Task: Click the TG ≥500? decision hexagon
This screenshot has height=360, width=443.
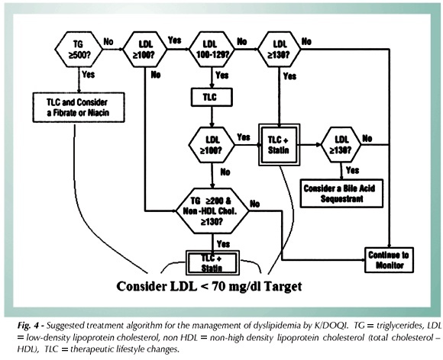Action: click(x=79, y=50)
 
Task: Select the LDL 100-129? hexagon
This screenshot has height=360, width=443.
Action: click(x=212, y=50)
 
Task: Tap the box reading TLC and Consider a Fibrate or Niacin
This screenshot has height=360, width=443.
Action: click(x=79, y=108)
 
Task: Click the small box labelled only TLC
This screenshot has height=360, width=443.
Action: click(x=212, y=98)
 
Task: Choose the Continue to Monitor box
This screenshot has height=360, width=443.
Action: click(x=389, y=260)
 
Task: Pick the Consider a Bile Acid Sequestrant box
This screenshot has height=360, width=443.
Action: click(x=341, y=194)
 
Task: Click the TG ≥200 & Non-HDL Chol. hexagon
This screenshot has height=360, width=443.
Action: click(x=212, y=211)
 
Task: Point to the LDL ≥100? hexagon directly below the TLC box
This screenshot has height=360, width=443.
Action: click(x=212, y=145)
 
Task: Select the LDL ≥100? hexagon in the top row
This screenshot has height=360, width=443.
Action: click(x=145, y=50)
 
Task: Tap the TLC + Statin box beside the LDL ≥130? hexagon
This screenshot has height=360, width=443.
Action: click(x=279, y=145)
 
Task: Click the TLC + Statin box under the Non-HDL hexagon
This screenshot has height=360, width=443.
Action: click(x=212, y=262)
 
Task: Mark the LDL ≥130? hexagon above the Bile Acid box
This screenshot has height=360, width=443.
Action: click(x=341, y=145)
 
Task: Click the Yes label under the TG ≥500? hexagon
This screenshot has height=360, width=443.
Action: click(x=88, y=75)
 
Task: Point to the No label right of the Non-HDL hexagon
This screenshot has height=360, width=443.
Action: click(x=254, y=204)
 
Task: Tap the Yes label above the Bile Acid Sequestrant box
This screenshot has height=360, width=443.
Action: click(x=352, y=170)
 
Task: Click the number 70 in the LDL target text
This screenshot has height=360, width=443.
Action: click(x=219, y=286)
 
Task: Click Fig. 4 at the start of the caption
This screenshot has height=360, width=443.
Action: click(x=27, y=326)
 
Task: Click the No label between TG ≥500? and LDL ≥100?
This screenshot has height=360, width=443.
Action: click(x=108, y=42)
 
